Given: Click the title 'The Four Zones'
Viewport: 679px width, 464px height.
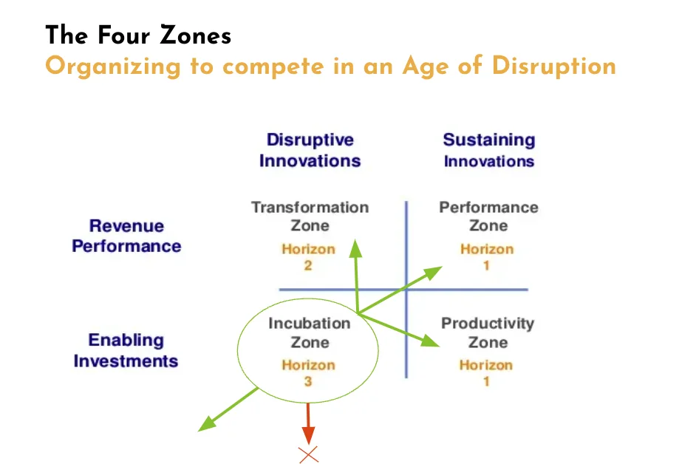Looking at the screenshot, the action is [x=138, y=35].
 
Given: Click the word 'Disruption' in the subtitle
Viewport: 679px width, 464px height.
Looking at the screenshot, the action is [x=554, y=66].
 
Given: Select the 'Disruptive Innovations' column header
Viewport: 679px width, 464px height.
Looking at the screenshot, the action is [x=310, y=150].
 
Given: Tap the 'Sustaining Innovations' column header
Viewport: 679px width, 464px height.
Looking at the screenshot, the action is [x=489, y=150].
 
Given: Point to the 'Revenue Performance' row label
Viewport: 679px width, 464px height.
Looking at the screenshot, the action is [x=126, y=236].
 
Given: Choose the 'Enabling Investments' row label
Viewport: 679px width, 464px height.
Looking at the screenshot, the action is [x=126, y=350].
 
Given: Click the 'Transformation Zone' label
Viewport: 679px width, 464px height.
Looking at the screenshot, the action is [x=310, y=216].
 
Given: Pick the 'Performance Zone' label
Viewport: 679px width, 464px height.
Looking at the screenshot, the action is [x=488, y=216].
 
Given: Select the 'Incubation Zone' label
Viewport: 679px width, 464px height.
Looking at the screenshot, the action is [x=310, y=332].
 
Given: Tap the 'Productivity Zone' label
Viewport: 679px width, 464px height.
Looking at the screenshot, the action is [x=488, y=332].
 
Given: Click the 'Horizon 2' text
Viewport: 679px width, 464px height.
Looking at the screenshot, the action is [x=308, y=257].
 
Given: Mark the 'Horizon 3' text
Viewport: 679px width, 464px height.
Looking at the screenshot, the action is [x=308, y=373].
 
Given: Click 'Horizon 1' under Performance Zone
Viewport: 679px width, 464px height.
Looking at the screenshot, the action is [x=487, y=257].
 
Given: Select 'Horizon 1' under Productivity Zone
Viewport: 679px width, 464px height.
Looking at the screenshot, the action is [x=486, y=373].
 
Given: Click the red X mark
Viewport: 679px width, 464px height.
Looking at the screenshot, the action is [x=308, y=454].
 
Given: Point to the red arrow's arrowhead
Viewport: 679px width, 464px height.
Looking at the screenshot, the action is [x=308, y=435].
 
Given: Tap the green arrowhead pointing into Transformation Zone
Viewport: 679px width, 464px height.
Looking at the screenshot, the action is [x=355, y=248].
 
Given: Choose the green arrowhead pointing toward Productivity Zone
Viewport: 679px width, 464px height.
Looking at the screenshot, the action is [x=431, y=341].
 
